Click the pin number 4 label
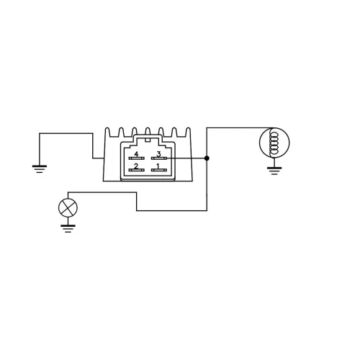coord(136,154)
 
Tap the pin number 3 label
coord(158,153)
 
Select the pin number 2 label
coord(136,166)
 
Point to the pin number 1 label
coord(158,166)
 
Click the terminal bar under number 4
coord(137,158)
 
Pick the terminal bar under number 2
coord(137,170)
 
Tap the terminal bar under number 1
coord(159,170)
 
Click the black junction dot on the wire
coord(207,158)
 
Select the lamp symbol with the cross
coord(68,208)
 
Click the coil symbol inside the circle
coord(273,143)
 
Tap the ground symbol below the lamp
coord(68,228)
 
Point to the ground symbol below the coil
coord(274,171)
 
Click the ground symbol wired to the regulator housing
coord(40,168)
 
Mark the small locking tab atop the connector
coord(148,140)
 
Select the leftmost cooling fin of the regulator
coord(108,132)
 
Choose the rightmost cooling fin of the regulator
coord(188,132)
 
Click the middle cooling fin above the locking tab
coord(148,132)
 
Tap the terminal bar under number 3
coord(159,158)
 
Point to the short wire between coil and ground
coord(274,162)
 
